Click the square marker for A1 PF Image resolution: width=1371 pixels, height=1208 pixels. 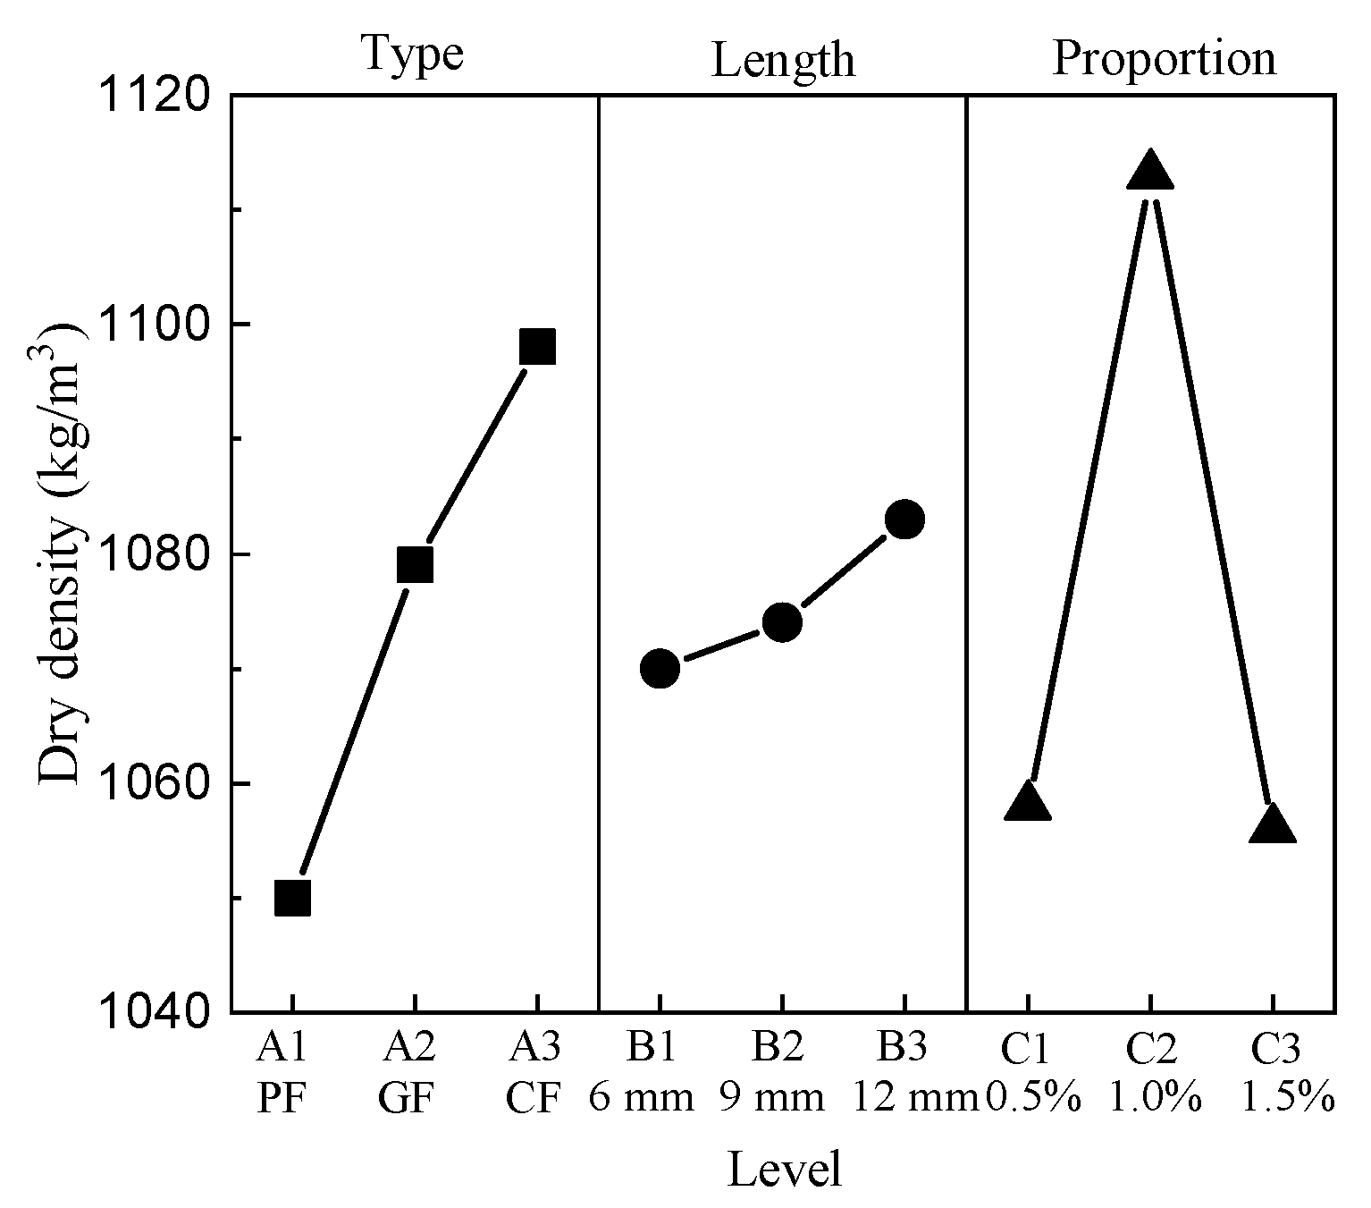pos(292,898)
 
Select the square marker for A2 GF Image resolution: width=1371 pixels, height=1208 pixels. pos(415,565)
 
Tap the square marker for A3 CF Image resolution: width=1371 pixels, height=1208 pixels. pos(537,346)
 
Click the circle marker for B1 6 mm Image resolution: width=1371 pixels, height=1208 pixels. pos(660,668)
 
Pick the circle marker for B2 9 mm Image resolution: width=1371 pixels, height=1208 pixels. pos(782,622)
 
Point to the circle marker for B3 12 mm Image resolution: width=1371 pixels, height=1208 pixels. pos(904,519)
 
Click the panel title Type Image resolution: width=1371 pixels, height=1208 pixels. pos(413,55)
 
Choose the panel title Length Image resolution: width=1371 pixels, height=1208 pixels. pos(783,61)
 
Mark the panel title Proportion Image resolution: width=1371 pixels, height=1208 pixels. pos(1164,59)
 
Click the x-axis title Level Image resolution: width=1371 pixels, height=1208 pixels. pos(785,1170)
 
